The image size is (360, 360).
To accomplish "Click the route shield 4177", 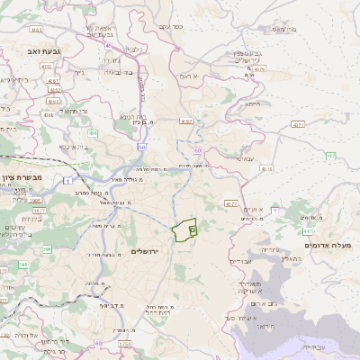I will pyautogui.click(x=231, y=204).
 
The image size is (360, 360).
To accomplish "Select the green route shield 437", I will pyautogui.click(x=330, y=157).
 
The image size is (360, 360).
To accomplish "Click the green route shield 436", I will pyautogui.click(x=93, y=132).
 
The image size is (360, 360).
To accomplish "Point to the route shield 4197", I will pyautogui.click(x=186, y=120).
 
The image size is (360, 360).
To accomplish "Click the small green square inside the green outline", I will pyautogui.click(x=193, y=230).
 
